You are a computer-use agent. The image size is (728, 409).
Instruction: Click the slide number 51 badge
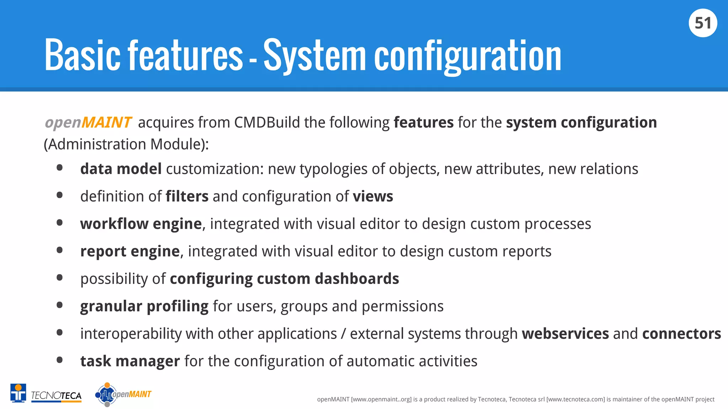(703, 23)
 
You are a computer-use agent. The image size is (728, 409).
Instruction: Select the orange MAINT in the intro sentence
(107, 122)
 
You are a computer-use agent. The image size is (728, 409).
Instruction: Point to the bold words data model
(121, 169)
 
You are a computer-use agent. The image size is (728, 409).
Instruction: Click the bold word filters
(187, 196)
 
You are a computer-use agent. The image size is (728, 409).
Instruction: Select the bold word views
(373, 196)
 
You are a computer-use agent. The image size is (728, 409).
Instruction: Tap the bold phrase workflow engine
(141, 224)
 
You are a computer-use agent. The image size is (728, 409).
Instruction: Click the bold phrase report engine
(130, 251)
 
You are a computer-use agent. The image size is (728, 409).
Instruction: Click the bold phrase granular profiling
(144, 306)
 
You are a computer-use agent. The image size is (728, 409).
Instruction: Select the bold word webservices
(565, 334)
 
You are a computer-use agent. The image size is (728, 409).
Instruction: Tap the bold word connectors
(681, 334)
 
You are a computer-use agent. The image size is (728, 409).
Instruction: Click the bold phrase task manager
(130, 361)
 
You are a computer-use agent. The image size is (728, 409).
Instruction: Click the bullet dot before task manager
(60, 360)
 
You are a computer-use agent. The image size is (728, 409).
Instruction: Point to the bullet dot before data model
(60, 168)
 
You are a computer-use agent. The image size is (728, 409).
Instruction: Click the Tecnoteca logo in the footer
(46, 394)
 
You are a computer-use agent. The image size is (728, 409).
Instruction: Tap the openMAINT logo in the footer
(123, 394)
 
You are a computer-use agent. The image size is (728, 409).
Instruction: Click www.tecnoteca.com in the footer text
(575, 399)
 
